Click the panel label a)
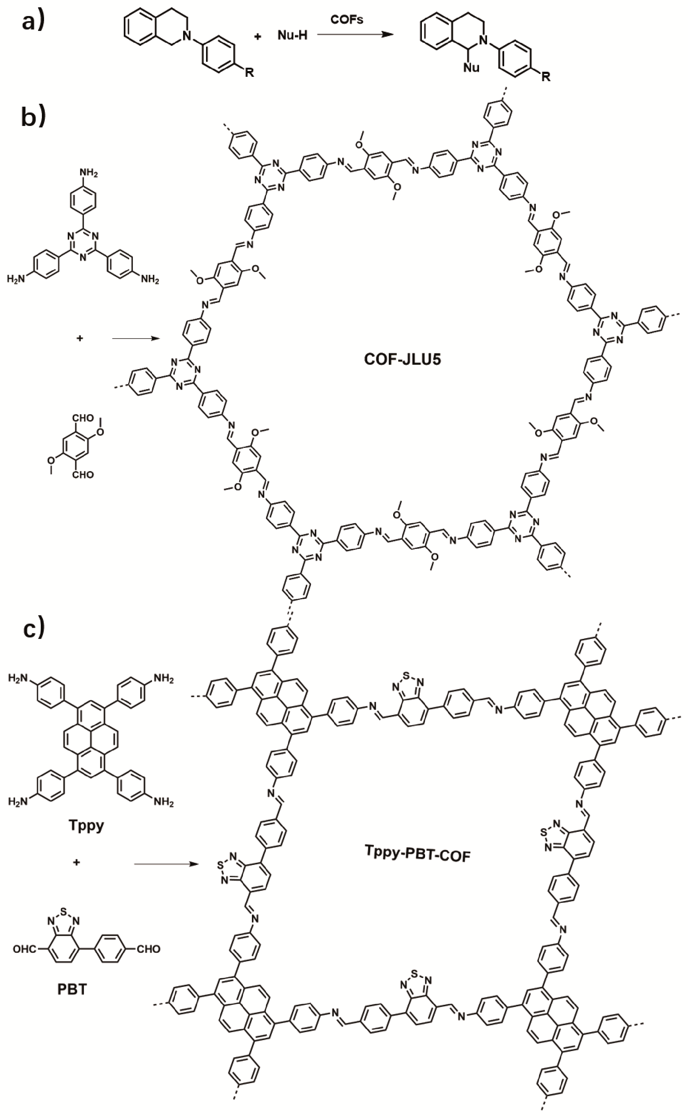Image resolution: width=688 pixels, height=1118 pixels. (x=33, y=21)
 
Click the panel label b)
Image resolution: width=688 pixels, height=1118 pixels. (x=33, y=116)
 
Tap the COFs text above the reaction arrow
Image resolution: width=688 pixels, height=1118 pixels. (x=347, y=20)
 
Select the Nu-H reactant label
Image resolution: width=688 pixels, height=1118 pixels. (x=292, y=35)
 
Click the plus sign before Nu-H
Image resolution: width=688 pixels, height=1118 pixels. (x=258, y=36)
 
